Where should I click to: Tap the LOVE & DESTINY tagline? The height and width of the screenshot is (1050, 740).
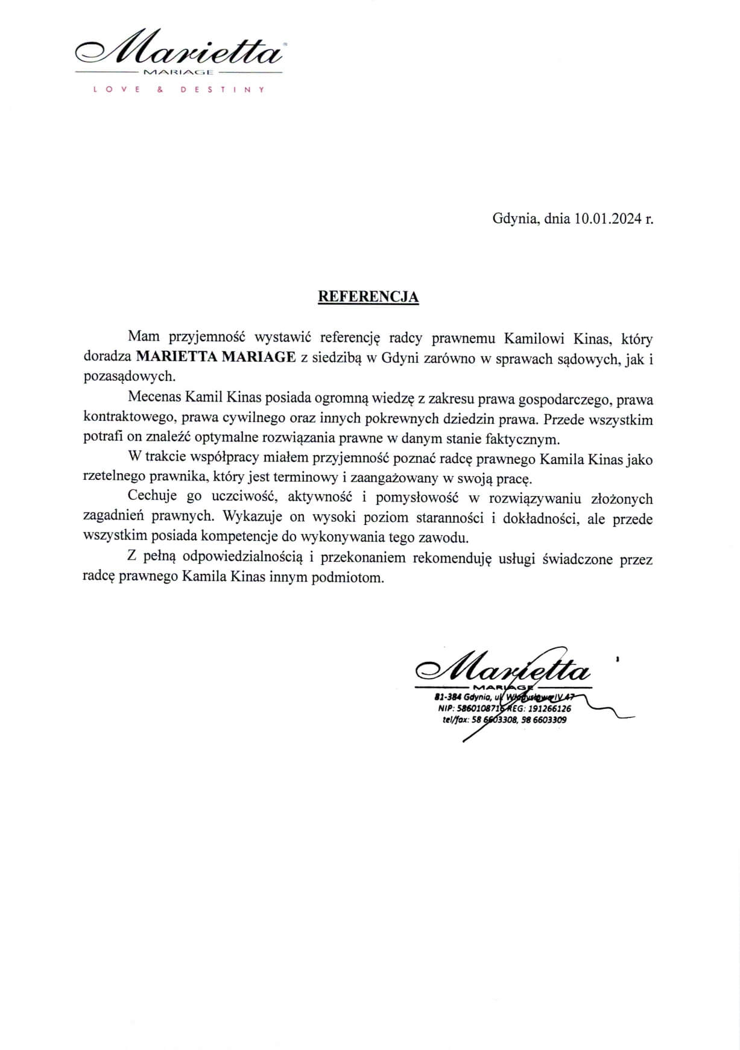(x=177, y=89)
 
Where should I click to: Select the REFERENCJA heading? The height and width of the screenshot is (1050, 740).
(x=368, y=297)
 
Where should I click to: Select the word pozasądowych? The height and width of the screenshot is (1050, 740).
(x=128, y=377)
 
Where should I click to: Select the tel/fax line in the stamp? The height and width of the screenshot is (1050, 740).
(x=504, y=719)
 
